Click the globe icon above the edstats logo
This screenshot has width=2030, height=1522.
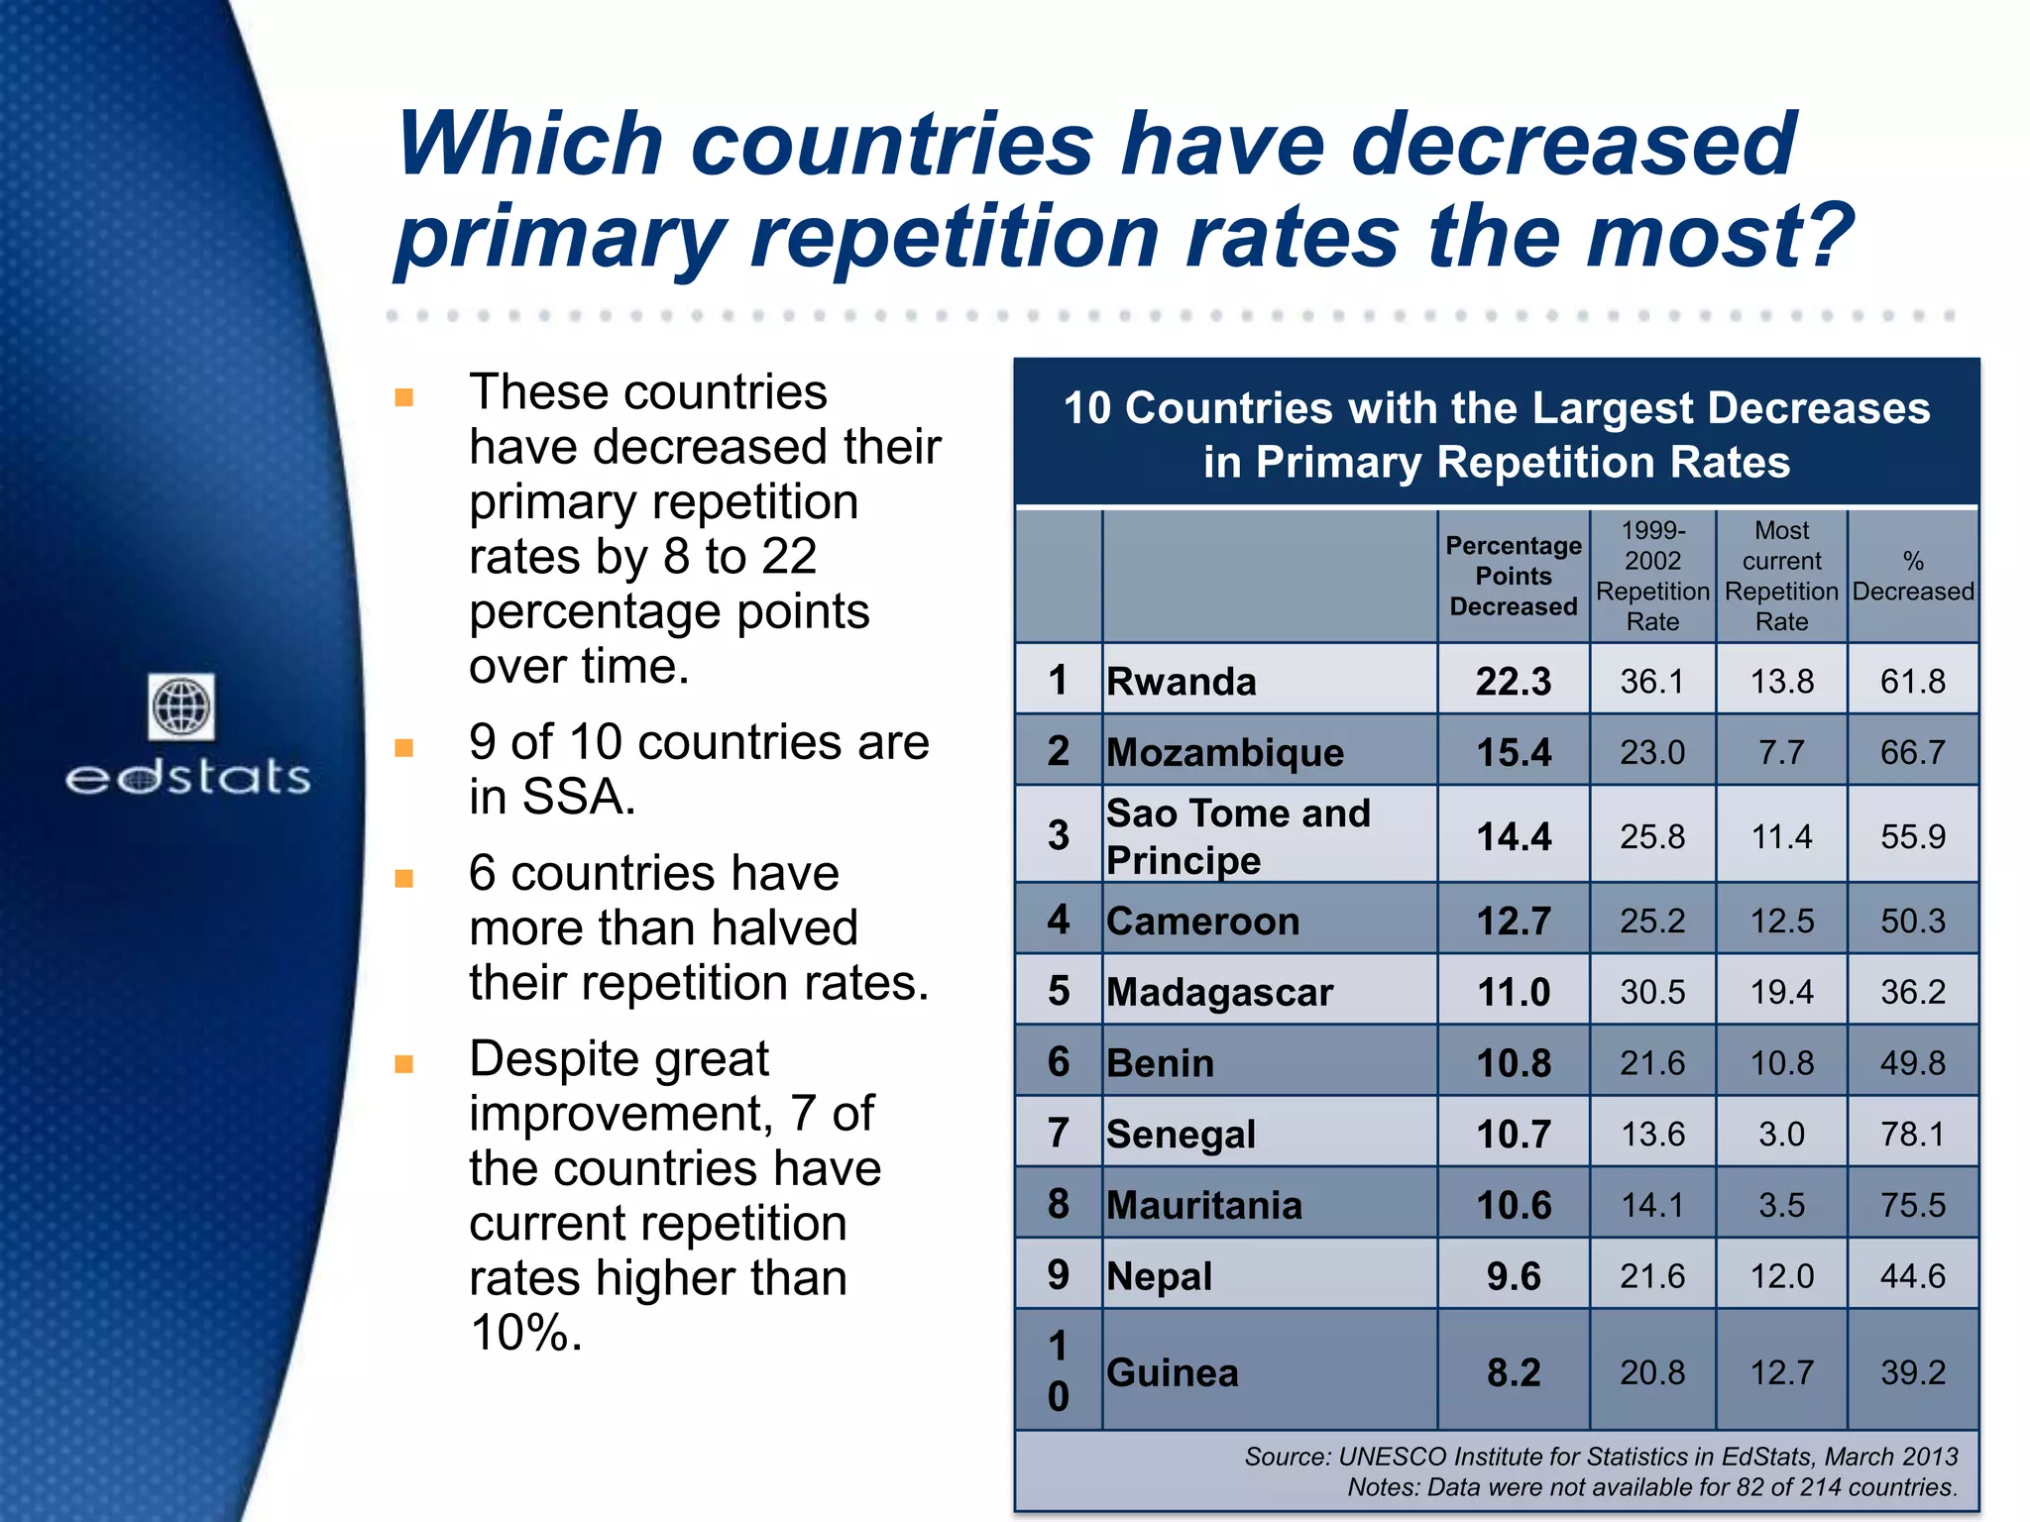[x=181, y=707]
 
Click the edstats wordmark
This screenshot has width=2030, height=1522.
[x=188, y=777]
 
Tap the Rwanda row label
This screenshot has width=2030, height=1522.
[x=1182, y=682]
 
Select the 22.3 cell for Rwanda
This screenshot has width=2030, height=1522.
[x=1514, y=682]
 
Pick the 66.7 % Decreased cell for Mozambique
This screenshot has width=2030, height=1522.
[x=1912, y=752]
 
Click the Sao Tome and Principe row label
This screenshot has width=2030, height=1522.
[x=1238, y=836]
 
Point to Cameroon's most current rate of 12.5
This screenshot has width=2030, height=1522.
[x=1781, y=922]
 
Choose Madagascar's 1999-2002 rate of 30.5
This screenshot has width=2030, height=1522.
[x=1652, y=992]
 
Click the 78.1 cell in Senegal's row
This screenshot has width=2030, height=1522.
[x=1912, y=1134]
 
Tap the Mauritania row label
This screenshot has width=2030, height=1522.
[x=1204, y=1205]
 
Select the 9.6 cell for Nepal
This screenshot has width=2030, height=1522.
[x=1514, y=1276]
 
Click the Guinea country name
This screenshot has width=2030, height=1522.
[x=1173, y=1372]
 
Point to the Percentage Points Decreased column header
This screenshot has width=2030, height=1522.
[x=1514, y=576]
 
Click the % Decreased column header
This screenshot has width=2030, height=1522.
[x=1912, y=576]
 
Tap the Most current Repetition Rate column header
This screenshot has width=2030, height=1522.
[x=1781, y=576]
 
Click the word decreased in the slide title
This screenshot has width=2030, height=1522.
[x=1573, y=145]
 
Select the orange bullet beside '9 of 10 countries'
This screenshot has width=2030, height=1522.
[x=403, y=747]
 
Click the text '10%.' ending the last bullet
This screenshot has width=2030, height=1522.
[x=526, y=1333]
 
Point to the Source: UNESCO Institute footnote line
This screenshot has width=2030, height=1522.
[x=1601, y=1457]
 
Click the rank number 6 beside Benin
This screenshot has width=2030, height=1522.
[x=1059, y=1062]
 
